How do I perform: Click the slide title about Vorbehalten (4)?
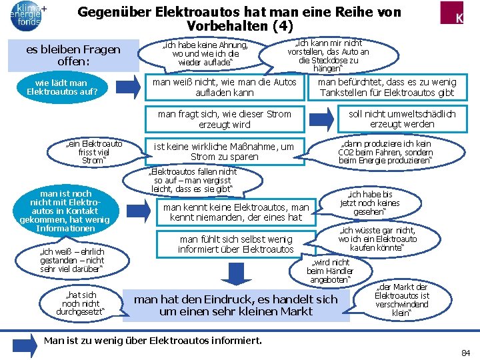click(x=239, y=19)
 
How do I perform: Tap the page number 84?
click(x=464, y=352)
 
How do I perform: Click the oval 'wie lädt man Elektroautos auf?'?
click(x=62, y=87)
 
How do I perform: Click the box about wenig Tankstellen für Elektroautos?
click(x=386, y=87)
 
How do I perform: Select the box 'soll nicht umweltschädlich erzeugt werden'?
click(x=402, y=119)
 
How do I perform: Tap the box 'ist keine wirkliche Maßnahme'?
click(x=223, y=151)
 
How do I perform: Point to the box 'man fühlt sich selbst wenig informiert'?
click(x=235, y=244)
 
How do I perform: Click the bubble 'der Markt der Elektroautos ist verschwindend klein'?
click(x=402, y=299)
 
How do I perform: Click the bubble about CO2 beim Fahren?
click(x=385, y=152)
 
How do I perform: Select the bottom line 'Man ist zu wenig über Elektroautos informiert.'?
click(x=152, y=341)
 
